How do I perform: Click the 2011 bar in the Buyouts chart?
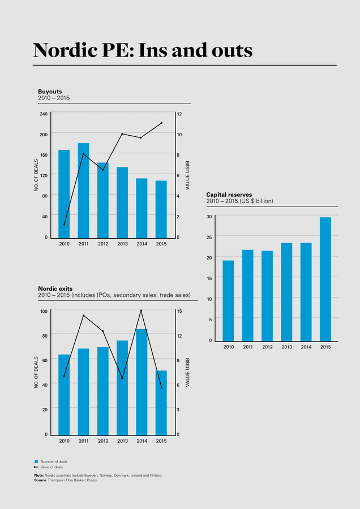(x=83, y=190)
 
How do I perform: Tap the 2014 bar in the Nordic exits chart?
(x=142, y=382)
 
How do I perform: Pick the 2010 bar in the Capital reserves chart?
(x=228, y=300)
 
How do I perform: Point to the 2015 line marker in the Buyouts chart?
(x=161, y=123)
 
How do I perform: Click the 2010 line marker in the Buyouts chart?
(x=64, y=225)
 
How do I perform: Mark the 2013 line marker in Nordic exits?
(x=122, y=378)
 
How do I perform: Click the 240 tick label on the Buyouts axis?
(x=44, y=114)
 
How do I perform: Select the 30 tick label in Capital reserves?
(x=209, y=217)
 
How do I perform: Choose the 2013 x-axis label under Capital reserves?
(x=286, y=347)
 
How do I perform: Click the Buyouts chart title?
(x=50, y=91)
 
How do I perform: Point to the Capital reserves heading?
(x=229, y=195)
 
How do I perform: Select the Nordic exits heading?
(x=55, y=288)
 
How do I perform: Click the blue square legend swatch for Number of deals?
(x=36, y=461)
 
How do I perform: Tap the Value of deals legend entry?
(x=52, y=467)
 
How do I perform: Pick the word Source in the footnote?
(x=40, y=480)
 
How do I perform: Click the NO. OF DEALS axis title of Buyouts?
(x=36, y=175)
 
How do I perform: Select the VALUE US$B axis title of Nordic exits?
(x=187, y=372)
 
